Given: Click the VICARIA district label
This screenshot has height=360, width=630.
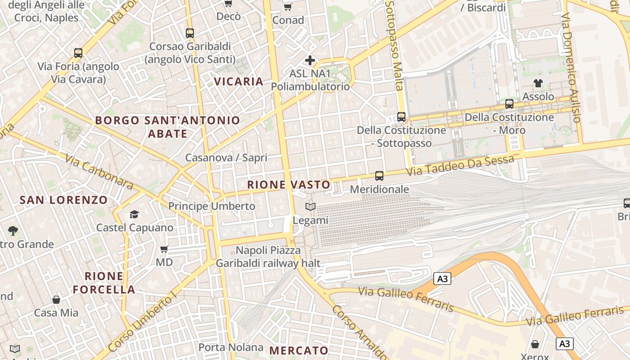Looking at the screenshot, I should coord(238,81).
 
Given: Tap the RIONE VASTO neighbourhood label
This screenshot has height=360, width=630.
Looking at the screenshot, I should coord(288,184).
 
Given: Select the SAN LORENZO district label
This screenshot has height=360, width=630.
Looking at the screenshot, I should coord(64,200).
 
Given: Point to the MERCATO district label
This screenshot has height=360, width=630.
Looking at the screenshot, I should coord(299,351).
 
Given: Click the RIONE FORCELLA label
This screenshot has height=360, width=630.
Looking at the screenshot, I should coord(104,283).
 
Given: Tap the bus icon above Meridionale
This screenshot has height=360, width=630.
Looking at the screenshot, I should coord(379,176).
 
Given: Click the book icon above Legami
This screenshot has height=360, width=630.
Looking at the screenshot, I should coord(310,207).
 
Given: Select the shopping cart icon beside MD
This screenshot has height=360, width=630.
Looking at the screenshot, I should coord(164,249).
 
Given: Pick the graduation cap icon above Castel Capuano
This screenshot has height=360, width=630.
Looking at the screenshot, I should coord(134,214).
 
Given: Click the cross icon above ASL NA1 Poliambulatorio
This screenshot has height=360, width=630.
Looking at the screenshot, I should coord(310,60).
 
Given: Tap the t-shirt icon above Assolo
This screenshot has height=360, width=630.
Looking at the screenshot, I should coord(538,83).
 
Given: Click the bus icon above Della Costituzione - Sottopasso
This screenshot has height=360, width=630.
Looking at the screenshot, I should coord(401,117).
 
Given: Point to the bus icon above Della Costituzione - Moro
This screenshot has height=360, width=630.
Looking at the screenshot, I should coord(509,104).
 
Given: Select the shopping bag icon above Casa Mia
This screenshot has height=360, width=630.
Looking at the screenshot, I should coord(56,299).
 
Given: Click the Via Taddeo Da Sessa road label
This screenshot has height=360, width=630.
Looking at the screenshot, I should coord(460,166).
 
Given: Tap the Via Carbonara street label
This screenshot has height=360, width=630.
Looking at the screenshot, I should coord(99,172).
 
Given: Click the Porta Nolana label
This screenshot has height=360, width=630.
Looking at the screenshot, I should coord(231,347).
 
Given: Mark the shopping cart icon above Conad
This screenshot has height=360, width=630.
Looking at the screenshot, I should coord(288,7).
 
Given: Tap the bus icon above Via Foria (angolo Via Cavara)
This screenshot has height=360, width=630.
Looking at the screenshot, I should coord(78,53).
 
